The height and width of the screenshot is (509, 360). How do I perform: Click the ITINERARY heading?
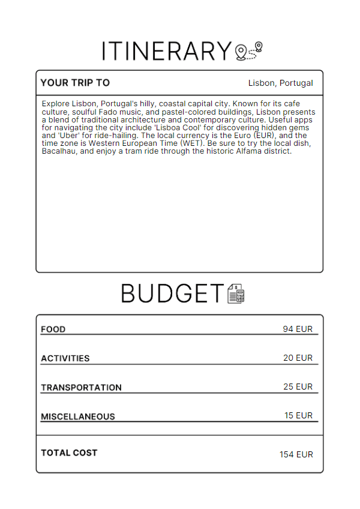(x=166, y=51)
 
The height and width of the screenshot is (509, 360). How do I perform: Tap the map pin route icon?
(x=249, y=52)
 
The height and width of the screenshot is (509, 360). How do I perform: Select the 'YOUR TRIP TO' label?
(x=75, y=83)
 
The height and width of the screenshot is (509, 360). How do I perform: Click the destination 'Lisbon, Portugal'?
(x=280, y=83)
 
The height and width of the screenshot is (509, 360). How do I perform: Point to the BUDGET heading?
(x=172, y=294)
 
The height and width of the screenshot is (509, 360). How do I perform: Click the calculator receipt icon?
(x=236, y=294)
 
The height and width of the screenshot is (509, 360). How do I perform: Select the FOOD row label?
(x=53, y=329)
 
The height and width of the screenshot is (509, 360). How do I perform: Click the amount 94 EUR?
(x=298, y=329)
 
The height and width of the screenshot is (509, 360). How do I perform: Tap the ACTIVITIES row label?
(x=65, y=358)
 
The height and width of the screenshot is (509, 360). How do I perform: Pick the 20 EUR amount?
(x=298, y=358)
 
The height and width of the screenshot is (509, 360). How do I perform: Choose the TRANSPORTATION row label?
(x=81, y=387)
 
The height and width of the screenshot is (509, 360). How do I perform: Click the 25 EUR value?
(x=298, y=387)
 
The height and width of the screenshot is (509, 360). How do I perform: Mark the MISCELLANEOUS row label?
(x=78, y=416)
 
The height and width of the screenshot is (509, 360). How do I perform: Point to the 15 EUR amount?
(x=298, y=415)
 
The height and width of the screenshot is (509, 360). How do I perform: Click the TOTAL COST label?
(x=69, y=453)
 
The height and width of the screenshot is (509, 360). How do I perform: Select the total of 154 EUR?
(x=296, y=454)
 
